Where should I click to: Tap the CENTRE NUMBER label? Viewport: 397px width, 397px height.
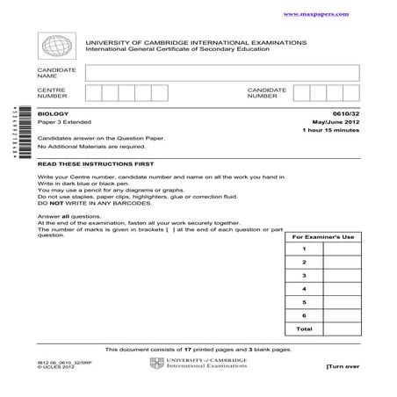(52, 94)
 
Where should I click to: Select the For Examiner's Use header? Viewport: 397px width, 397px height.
(322, 238)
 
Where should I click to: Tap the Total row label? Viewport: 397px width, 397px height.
(303, 328)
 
